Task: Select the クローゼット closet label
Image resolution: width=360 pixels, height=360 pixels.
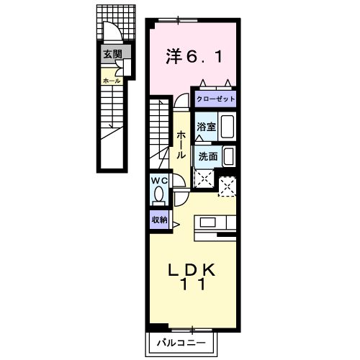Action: (x=215, y=99)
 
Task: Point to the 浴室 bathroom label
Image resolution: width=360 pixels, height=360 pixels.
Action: (x=207, y=127)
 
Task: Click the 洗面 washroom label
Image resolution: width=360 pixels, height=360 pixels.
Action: (x=207, y=156)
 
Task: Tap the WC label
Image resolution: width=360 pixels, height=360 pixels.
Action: (x=159, y=181)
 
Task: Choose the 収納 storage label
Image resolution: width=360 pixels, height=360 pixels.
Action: (x=159, y=220)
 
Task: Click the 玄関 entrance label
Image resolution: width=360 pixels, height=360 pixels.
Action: (x=112, y=54)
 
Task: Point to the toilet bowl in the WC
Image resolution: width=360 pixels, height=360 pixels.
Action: (x=159, y=194)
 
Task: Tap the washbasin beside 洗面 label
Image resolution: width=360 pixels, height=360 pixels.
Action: (x=228, y=156)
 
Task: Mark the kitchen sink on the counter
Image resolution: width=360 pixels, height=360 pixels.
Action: (x=213, y=222)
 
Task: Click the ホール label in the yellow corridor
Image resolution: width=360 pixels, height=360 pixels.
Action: (x=182, y=144)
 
